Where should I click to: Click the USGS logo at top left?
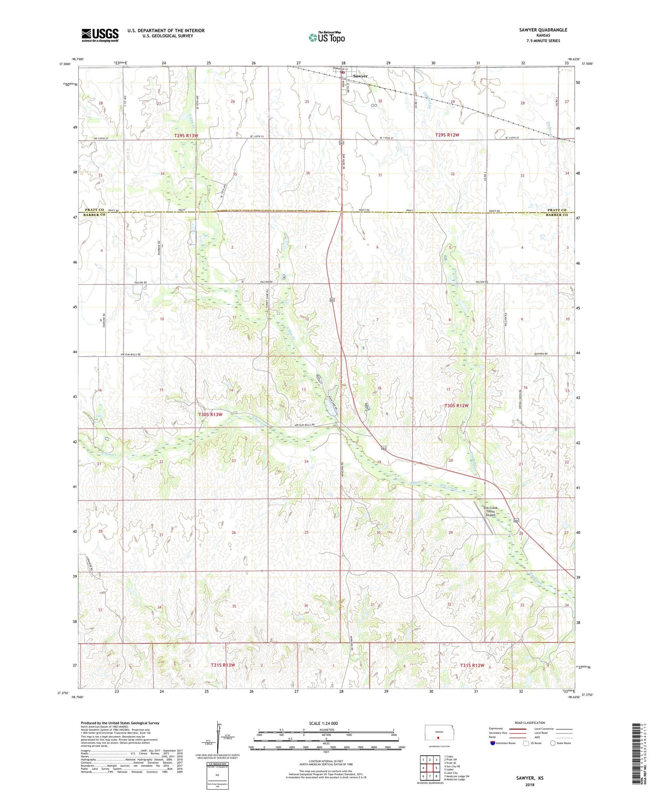point(100,35)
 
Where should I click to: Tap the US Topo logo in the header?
point(327,38)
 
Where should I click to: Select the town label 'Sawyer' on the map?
point(360,76)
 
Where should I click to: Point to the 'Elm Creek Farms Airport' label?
point(490,512)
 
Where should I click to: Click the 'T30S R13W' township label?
point(210,414)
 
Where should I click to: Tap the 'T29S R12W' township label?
point(447,135)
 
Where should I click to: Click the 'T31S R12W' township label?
point(472,665)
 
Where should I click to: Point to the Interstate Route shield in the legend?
point(492,743)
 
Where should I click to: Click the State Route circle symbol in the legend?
point(553,743)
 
